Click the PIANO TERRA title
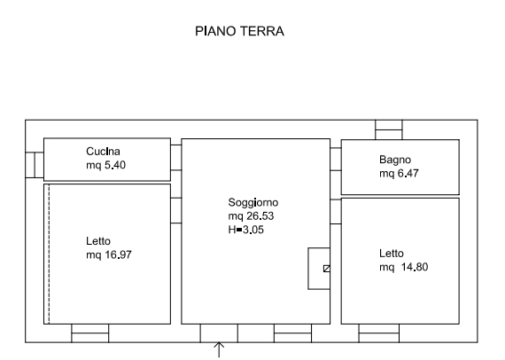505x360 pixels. pyautogui.click(x=239, y=31)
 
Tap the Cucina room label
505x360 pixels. pyautogui.click(x=103, y=151)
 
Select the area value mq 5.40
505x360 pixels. pyautogui.click(x=106, y=165)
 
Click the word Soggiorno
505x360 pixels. pyautogui.click(x=253, y=202)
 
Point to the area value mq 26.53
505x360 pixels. pyautogui.click(x=251, y=216)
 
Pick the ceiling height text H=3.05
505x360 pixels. pyautogui.click(x=245, y=230)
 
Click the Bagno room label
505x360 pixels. pyautogui.click(x=395, y=160)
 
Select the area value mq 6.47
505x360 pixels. pyautogui.click(x=399, y=174)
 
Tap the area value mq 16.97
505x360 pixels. pyautogui.click(x=109, y=255)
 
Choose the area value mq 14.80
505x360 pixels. pyautogui.click(x=403, y=267)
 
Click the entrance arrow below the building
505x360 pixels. pyautogui.click(x=219, y=350)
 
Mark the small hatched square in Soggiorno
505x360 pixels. pyautogui.click(x=327, y=269)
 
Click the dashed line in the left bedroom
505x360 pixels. pyautogui.click(x=49, y=254)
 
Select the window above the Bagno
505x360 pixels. pyautogui.click(x=389, y=129)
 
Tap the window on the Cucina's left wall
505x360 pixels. pyautogui.click(x=35, y=165)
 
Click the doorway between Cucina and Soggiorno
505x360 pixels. pyautogui.click(x=175, y=158)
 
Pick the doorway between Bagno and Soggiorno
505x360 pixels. pyautogui.click(x=336, y=160)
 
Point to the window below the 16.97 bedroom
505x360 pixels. pyautogui.click(x=90, y=333)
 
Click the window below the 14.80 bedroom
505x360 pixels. pyautogui.click(x=379, y=333)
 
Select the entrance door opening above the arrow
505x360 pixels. pyautogui.click(x=219, y=333)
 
